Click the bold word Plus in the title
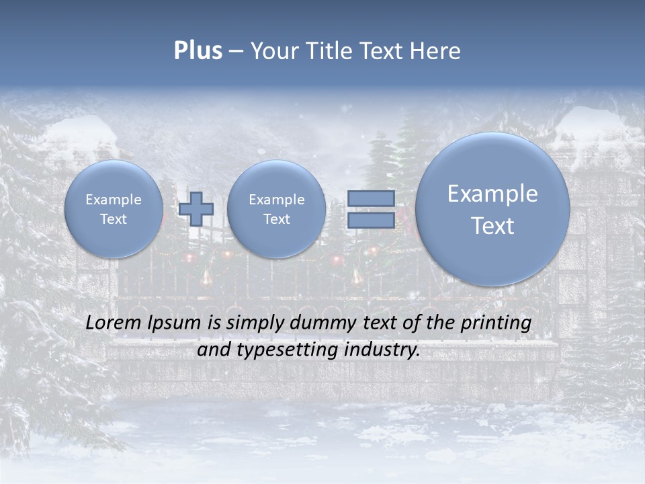click(x=198, y=51)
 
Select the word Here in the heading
click(x=435, y=51)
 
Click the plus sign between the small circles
click(x=196, y=209)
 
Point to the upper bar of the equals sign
click(x=371, y=199)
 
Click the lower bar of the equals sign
click(x=371, y=220)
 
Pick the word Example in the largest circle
click(x=492, y=194)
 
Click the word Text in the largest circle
click(x=492, y=226)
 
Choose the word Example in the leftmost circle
click(x=114, y=200)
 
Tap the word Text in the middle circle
click(x=276, y=219)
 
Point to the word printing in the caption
click(x=497, y=323)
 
